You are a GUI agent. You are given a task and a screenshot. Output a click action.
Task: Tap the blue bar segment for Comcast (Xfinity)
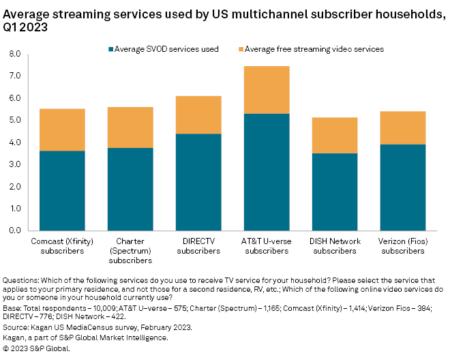coord(62,190)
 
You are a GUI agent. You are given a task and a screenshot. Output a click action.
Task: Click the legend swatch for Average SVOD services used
coord(111,49)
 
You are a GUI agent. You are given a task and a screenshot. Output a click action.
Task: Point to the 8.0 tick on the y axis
coord(14,54)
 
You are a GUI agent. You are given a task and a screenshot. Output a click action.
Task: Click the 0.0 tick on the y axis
coord(14,230)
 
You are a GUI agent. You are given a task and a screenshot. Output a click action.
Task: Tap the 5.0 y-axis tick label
coord(14,120)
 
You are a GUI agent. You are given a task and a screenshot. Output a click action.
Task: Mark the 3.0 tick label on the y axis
coord(14,164)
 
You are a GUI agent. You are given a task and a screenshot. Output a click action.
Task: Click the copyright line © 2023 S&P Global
coord(37,348)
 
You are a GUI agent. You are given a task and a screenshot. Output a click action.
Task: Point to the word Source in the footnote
coord(16,327)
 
